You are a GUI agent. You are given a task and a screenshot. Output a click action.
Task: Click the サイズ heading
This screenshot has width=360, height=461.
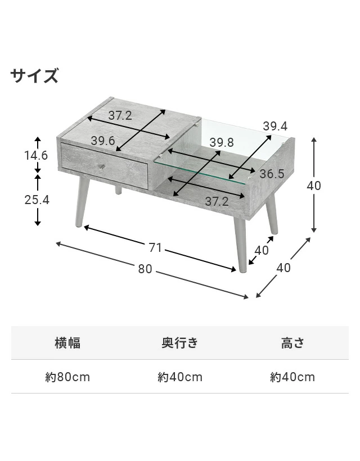tap(34, 76)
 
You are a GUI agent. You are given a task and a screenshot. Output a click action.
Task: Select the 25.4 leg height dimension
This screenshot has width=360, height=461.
tap(37, 200)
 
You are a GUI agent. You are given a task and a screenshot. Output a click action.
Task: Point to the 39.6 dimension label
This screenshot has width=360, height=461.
tap(103, 141)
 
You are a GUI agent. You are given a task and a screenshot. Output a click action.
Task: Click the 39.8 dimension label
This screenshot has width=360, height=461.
tap(222, 143)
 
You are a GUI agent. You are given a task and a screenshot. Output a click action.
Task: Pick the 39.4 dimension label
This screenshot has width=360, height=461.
tap(276, 126)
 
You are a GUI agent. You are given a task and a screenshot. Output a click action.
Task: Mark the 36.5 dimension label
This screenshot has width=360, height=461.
tap(272, 174)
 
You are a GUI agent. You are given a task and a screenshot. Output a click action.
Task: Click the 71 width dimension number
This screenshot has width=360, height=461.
tap(155, 248)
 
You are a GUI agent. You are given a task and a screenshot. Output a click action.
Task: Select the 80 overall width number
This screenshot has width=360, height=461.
tap(145, 269)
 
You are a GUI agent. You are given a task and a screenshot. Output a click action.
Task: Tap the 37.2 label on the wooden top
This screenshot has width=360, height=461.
tap(120, 116)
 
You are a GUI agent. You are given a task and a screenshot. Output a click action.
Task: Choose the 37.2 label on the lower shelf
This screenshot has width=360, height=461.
tap(216, 201)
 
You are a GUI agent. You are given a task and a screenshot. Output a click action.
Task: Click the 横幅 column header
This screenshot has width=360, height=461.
tap(67, 343)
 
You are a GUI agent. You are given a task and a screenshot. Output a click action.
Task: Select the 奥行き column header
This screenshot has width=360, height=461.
tap(180, 343)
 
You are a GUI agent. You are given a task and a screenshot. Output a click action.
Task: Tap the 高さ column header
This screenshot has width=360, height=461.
tap(292, 343)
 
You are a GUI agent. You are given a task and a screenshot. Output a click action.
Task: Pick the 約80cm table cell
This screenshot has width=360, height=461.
tap(67, 377)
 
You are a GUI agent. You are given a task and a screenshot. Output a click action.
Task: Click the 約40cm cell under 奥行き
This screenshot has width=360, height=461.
tap(180, 377)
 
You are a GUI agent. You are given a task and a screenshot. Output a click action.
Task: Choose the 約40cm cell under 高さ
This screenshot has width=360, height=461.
tap(292, 377)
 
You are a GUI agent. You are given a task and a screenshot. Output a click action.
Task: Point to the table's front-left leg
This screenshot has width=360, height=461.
tap(80, 202)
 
